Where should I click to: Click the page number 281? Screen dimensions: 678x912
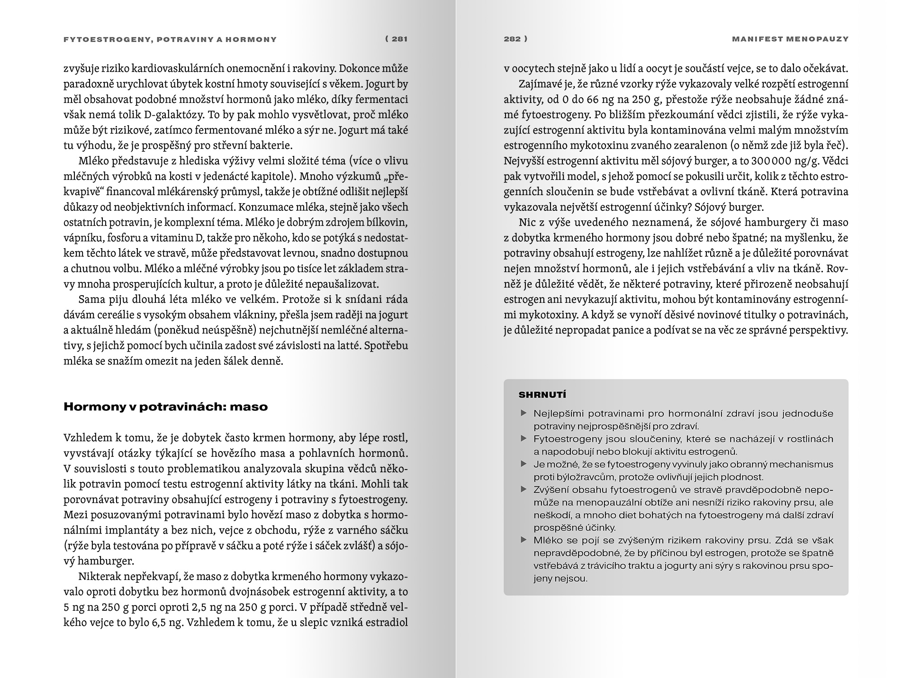pyautogui.click(x=399, y=39)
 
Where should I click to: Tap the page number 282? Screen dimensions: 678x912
pyautogui.click(x=513, y=39)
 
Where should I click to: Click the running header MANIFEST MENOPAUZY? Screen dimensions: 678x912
pyautogui.click(x=790, y=39)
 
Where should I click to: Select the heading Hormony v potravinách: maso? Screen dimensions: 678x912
pyautogui.click(x=165, y=407)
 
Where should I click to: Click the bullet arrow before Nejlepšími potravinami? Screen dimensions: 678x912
pyautogui.click(x=524, y=413)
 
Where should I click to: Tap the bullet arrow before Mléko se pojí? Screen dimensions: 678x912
pyautogui.click(x=524, y=540)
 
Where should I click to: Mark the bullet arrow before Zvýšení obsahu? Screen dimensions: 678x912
pyautogui.click(x=524, y=489)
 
